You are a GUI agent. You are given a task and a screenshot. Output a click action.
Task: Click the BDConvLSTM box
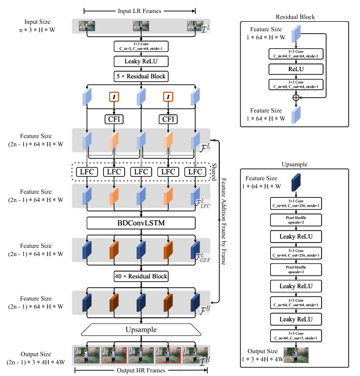140,223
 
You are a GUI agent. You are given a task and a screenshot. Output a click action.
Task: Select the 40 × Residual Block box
140,276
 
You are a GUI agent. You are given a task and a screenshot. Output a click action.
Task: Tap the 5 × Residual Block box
140,76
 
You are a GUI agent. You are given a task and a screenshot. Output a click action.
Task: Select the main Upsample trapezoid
140,330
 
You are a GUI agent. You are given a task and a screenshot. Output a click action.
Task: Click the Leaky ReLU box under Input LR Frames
140,62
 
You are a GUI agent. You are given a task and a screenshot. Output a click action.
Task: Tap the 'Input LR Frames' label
140,10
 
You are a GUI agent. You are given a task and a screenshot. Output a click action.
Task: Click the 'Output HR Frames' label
140,370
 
